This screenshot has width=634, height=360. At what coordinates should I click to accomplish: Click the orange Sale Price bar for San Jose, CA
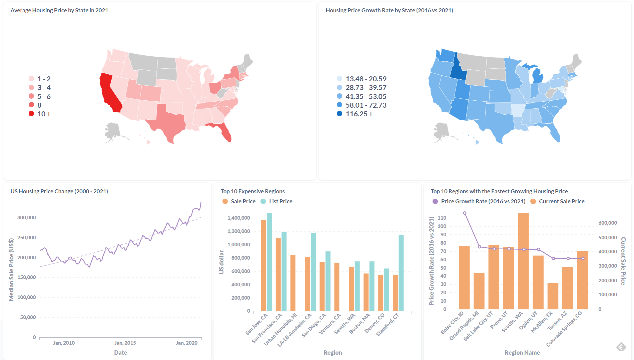tap(263, 265)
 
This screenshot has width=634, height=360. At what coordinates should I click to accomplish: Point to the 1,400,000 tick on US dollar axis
tap(238, 218)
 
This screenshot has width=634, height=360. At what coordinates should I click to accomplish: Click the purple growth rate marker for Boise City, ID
tap(465, 213)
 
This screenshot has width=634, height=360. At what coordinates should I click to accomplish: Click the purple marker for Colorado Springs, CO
tap(583, 258)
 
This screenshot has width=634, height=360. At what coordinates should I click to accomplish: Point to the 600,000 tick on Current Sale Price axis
tap(607, 223)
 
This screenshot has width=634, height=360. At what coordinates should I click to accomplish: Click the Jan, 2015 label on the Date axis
tap(125, 343)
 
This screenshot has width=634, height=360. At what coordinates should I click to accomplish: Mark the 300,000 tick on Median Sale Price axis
tap(27, 218)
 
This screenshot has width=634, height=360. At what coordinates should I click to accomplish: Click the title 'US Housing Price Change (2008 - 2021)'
tap(59, 191)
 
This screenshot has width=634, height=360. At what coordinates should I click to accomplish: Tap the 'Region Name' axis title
tap(522, 352)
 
